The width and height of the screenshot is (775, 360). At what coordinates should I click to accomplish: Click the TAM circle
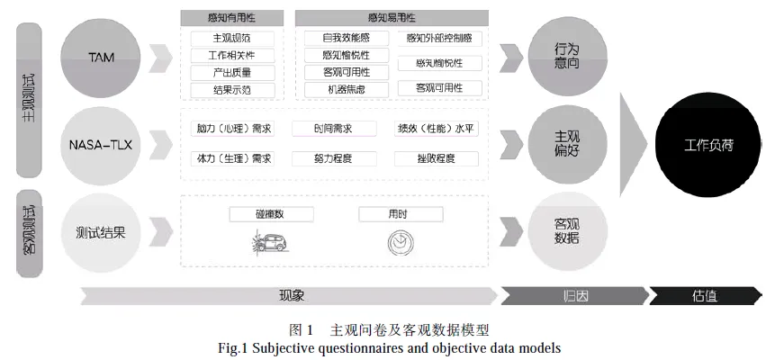[101, 58]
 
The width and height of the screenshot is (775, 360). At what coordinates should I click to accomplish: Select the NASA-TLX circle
[101, 144]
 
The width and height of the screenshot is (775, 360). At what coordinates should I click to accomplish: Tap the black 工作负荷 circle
[707, 144]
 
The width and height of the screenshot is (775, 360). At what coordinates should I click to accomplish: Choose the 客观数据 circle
[566, 231]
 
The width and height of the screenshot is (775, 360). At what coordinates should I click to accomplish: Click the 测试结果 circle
[101, 231]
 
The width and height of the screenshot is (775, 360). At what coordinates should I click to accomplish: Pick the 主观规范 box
[231, 39]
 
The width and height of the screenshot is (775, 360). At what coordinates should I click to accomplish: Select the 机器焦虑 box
[346, 89]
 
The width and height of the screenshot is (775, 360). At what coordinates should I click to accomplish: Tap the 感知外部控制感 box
[444, 39]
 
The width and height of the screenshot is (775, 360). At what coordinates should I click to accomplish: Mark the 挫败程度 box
[437, 159]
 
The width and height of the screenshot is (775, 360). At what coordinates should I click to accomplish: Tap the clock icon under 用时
[398, 241]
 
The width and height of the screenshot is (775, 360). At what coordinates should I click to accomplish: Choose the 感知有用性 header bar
[231, 17]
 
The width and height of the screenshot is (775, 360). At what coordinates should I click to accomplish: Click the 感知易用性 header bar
[392, 17]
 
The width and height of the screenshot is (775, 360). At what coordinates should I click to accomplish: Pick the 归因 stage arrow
[571, 296]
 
